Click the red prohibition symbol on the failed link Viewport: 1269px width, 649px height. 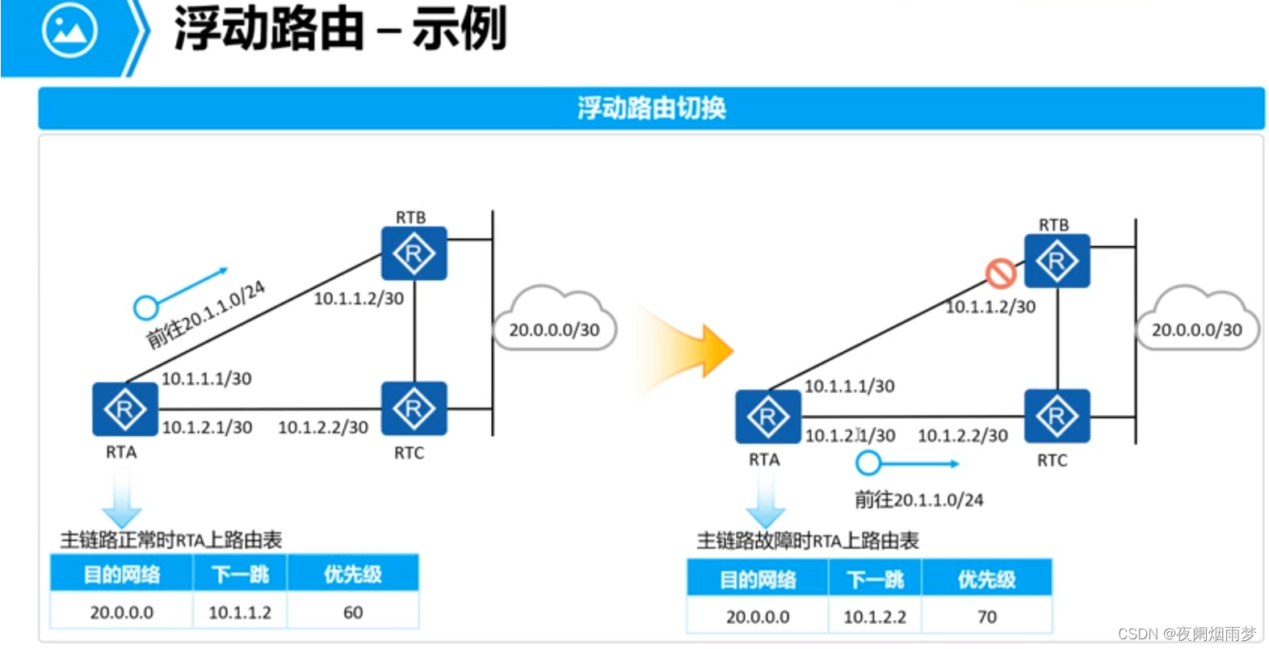tap(1000, 273)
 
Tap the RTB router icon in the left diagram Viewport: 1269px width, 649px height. tap(414, 253)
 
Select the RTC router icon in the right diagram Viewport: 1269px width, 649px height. tap(1057, 416)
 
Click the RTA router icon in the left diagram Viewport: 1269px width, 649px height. tap(124, 409)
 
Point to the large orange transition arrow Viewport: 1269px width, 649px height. tap(695, 351)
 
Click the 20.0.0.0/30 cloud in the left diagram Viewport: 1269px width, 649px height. tap(554, 323)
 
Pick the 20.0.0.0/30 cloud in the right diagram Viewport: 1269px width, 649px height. tap(1196, 323)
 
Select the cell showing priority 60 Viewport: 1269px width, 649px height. tap(353, 613)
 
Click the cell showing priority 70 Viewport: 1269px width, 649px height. tap(987, 617)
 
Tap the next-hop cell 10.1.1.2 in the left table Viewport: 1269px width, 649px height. tap(240, 613)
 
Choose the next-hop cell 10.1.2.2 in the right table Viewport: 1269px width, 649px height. tap(875, 617)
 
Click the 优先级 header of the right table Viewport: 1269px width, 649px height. tap(987, 579)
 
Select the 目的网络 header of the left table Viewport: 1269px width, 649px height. tap(122, 574)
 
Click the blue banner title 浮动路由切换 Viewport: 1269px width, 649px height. tap(651, 108)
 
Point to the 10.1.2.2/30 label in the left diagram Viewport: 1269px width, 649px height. tap(323, 427)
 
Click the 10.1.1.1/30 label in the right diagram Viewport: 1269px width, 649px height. tap(849, 386)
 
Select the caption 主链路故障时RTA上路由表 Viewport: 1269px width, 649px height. tap(808, 540)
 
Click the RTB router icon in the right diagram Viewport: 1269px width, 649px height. tap(1057, 261)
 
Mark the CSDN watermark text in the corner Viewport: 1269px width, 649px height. tap(1187, 634)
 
